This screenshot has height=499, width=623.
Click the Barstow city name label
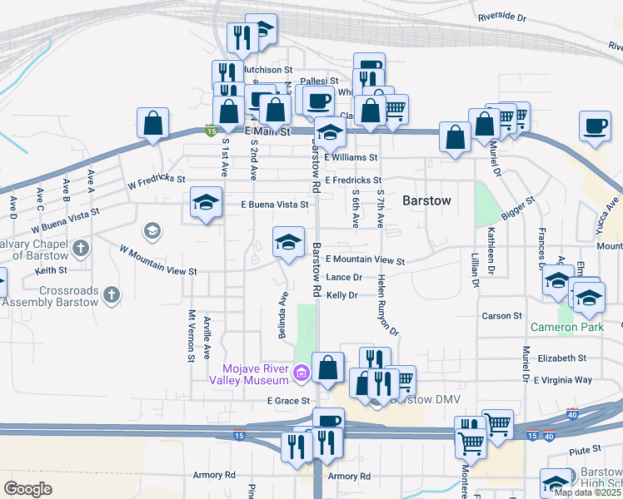[426, 200]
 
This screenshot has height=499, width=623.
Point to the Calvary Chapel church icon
[81, 247]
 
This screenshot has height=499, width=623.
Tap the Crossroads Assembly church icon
[111, 294]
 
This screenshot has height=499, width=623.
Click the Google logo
[28, 489]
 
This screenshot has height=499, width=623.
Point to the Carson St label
[501, 316]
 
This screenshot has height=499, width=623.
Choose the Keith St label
[51, 270]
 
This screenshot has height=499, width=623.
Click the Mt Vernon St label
[192, 335]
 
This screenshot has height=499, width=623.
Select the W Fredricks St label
[155, 180]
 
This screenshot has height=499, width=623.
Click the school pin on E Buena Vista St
[206, 202]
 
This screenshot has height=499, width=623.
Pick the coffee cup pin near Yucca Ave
[594, 126]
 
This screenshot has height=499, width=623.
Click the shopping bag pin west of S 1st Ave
[153, 123]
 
